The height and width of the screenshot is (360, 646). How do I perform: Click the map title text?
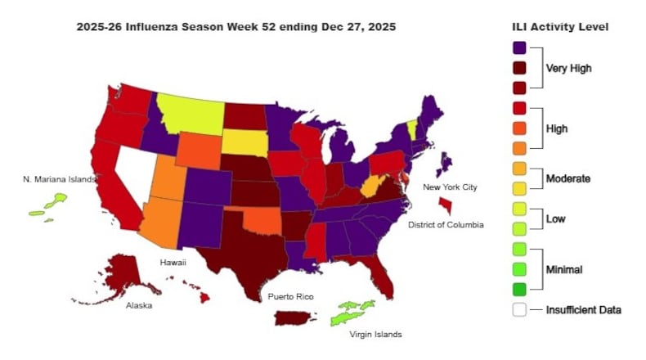tap(236, 27)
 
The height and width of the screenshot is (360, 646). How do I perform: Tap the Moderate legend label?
tap(568, 178)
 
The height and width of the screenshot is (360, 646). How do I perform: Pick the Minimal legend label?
tap(564, 268)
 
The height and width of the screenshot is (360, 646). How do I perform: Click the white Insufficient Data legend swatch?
tap(518, 309)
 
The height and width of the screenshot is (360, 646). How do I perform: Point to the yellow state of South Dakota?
tap(244, 141)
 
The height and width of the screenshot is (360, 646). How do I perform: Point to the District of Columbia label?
tap(446, 224)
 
